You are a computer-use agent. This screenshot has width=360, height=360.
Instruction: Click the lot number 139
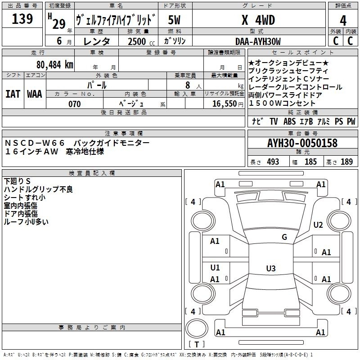22,19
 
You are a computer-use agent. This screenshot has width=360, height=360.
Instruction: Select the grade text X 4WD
258,20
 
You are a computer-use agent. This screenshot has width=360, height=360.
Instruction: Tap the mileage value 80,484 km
55,65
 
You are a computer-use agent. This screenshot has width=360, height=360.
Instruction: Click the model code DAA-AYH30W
258,41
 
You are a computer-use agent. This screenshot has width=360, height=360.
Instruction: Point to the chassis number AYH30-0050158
302,143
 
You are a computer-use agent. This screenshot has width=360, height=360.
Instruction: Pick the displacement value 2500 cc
141,41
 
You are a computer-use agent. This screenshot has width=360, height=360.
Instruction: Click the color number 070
75,104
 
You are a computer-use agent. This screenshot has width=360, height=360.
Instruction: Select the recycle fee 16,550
225,104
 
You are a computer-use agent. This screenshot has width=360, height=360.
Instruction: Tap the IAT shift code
13,94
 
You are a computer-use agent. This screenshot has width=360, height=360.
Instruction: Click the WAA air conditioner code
35,94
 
